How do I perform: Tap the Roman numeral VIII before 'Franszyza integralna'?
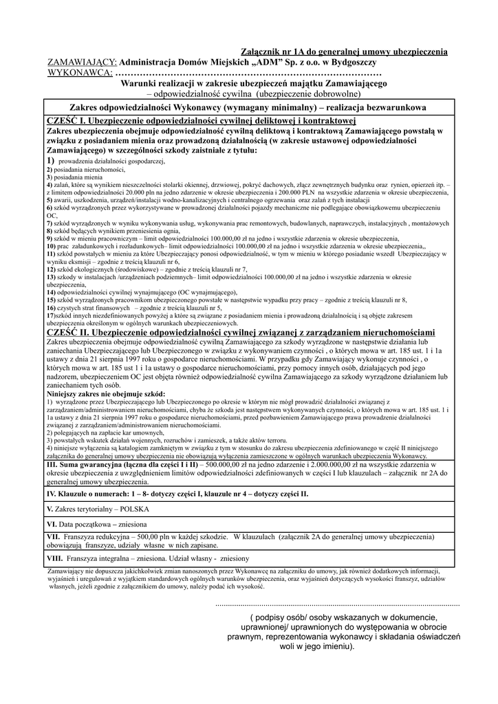[54, 558]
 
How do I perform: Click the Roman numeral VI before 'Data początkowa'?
[51, 524]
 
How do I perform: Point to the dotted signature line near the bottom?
[337, 604]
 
